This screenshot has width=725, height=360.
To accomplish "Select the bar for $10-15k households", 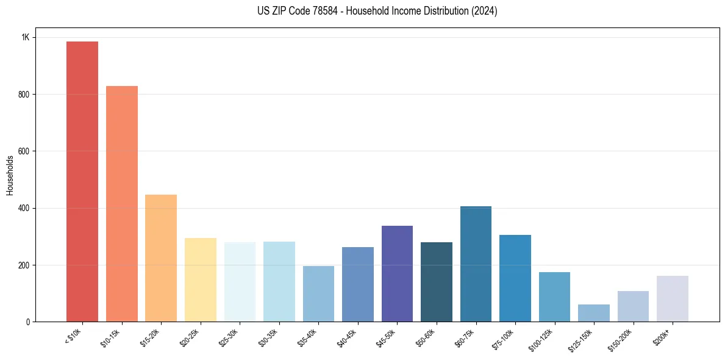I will pyautogui.click(x=122, y=204).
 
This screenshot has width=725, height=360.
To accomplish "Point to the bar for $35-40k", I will pyautogui.click(x=318, y=293).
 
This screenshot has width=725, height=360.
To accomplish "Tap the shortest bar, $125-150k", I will pyautogui.click(x=594, y=313).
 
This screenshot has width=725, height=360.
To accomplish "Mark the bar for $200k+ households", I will pyautogui.click(x=673, y=298).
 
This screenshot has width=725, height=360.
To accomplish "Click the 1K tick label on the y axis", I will pyautogui.click(x=26, y=37).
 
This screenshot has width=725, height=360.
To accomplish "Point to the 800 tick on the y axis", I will pyautogui.click(x=23, y=95).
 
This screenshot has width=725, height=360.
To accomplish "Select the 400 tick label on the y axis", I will pyautogui.click(x=23, y=208).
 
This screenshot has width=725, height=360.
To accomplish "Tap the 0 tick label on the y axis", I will pyautogui.click(x=27, y=322).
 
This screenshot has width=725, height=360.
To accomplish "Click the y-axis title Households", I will pyautogui.click(x=10, y=175).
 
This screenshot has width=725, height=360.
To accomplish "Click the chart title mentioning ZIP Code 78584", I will pyautogui.click(x=377, y=11).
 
